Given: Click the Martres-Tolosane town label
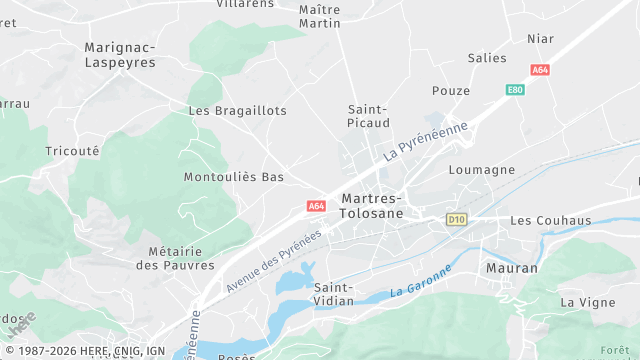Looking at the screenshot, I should coord(372,206).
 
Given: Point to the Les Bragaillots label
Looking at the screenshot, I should coord(238,110).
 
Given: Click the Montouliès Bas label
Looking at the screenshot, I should coord(234,177).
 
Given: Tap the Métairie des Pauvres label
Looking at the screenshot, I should coord(175,258).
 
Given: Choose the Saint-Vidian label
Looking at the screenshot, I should coord(333,294).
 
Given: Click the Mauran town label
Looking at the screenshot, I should coord(511,268).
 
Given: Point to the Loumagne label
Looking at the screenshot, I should coord(482,170).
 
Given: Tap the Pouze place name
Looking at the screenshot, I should coord(451,90).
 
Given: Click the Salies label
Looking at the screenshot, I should coord(487,58).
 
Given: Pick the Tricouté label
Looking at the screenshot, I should coord(72,151).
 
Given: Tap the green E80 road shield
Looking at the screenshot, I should coord(515,90).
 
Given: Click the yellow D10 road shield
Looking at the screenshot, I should coord(457,219).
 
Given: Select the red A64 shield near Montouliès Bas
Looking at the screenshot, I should coord(316,206).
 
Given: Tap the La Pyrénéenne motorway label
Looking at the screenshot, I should coord(426,142).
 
